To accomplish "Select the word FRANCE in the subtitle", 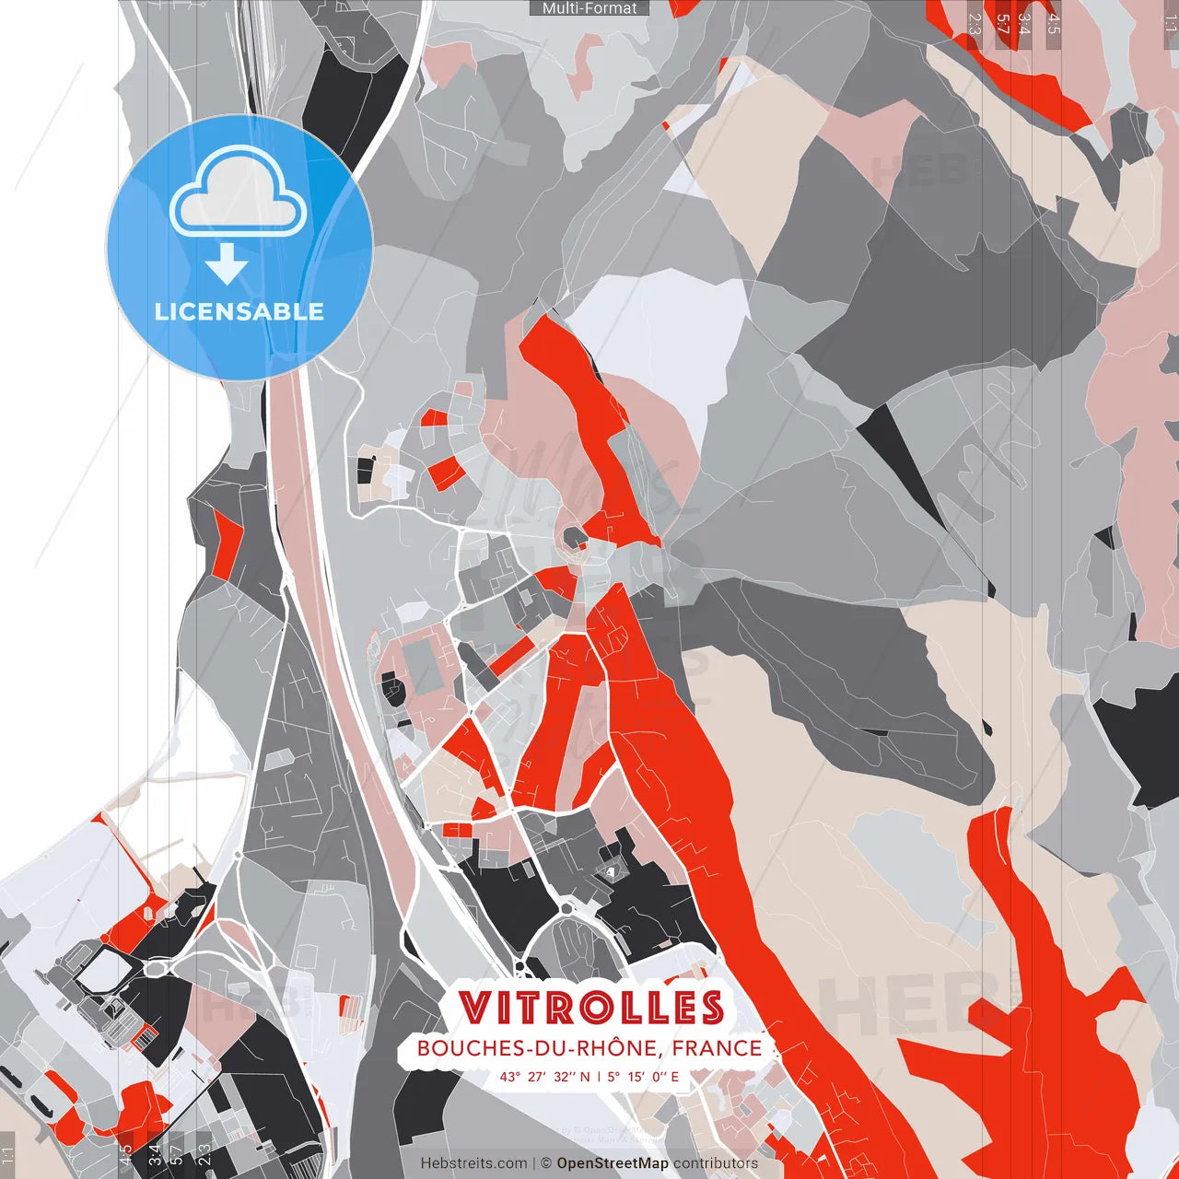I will point(717,1048).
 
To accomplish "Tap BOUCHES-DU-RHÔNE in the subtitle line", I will point(539,1048).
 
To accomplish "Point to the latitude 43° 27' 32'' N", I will point(544,1076).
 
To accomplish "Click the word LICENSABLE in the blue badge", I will point(239,311).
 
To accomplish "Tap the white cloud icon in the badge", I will point(239,195).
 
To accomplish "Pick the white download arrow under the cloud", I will point(227,265).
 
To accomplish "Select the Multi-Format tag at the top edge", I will point(589,8).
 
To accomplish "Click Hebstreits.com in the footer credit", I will point(474,1163).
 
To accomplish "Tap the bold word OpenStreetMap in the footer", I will point(613,1163).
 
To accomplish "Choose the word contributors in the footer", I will point(716,1163).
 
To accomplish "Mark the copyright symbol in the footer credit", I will point(545,1163).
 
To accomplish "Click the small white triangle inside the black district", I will point(610,870).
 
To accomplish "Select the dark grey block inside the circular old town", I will point(573,535).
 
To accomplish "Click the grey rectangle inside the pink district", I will point(422,668).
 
